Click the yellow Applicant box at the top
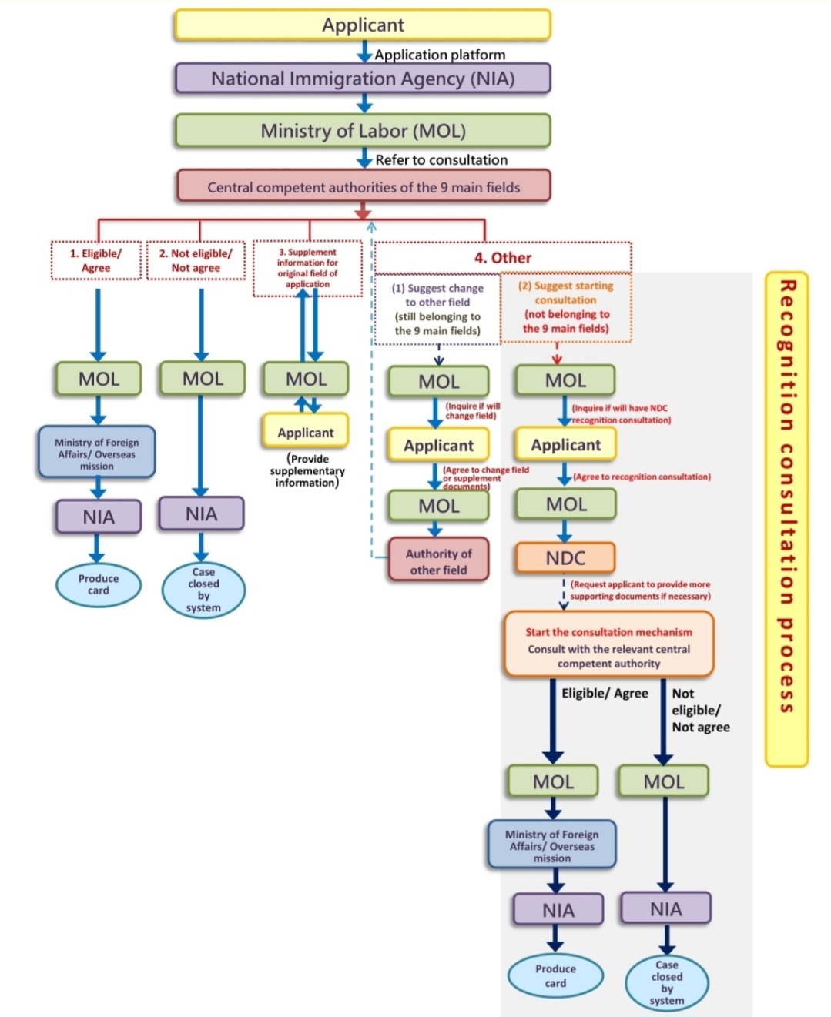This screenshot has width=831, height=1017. [x=362, y=25]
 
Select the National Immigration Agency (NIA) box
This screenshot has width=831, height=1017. [x=362, y=79]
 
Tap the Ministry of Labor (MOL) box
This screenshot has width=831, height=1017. [x=362, y=131]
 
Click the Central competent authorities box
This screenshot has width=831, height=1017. [x=364, y=187]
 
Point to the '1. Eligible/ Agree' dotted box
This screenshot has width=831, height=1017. [x=96, y=260]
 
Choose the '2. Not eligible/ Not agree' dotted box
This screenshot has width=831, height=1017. [x=196, y=260]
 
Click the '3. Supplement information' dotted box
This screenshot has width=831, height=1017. [x=307, y=268]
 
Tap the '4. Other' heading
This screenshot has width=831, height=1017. [x=502, y=258]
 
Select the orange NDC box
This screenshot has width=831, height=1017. [x=565, y=558]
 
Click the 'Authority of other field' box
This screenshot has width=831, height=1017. [x=438, y=561]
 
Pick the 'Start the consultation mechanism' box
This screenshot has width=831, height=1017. [x=608, y=646]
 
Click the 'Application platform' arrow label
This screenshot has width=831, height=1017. [x=440, y=55]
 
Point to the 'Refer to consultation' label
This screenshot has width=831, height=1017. [x=441, y=160]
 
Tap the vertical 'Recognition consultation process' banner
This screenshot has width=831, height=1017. [x=786, y=497]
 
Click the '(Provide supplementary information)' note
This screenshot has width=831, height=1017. [x=307, y=470]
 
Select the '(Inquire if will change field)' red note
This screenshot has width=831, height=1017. [x=472, y=411]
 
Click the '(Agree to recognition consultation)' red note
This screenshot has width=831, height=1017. [x=642, y=477]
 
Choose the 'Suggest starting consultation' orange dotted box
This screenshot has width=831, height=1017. [x=566, y=306]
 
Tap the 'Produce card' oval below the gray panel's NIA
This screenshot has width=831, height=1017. [x=555, y=975]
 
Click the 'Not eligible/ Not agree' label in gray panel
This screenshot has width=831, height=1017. [x=699, y=710]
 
